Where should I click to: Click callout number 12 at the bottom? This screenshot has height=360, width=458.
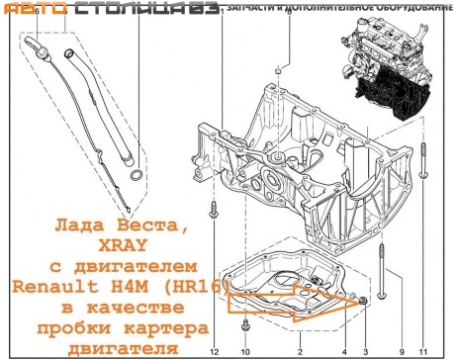click(x=214, y=351)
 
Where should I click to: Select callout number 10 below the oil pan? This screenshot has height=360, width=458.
click(x=246, y=351)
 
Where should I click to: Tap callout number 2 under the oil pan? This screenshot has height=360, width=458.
click(x=300, y=351)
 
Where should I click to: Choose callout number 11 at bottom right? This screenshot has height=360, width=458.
click(x=422, y=351)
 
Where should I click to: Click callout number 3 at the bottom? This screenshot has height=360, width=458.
click(x=365, y=351)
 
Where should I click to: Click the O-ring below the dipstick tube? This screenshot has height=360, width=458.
click(x=137, y=179)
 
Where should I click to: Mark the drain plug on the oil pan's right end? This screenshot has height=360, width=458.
click(x=364, y=298)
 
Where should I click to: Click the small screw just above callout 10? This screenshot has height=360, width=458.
click(x=247, y=322)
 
